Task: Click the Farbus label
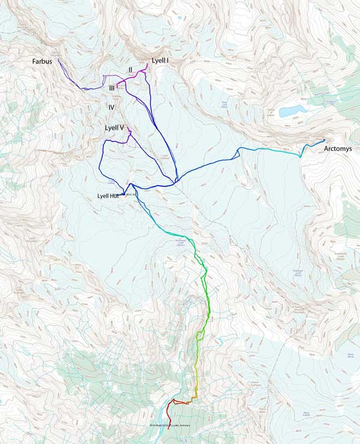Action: coord(44,62)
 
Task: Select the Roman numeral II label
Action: coord(130,70)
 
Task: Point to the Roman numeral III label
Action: coord(112,88)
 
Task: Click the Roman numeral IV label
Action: coord(112,107)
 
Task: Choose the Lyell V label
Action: coord(114,128)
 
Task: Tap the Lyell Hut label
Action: coord(108,196)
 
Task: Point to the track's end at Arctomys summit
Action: coord(324,141)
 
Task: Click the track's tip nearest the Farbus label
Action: coord(58,58)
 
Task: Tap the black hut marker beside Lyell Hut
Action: coord(124,194)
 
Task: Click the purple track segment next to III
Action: coord(122,80)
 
